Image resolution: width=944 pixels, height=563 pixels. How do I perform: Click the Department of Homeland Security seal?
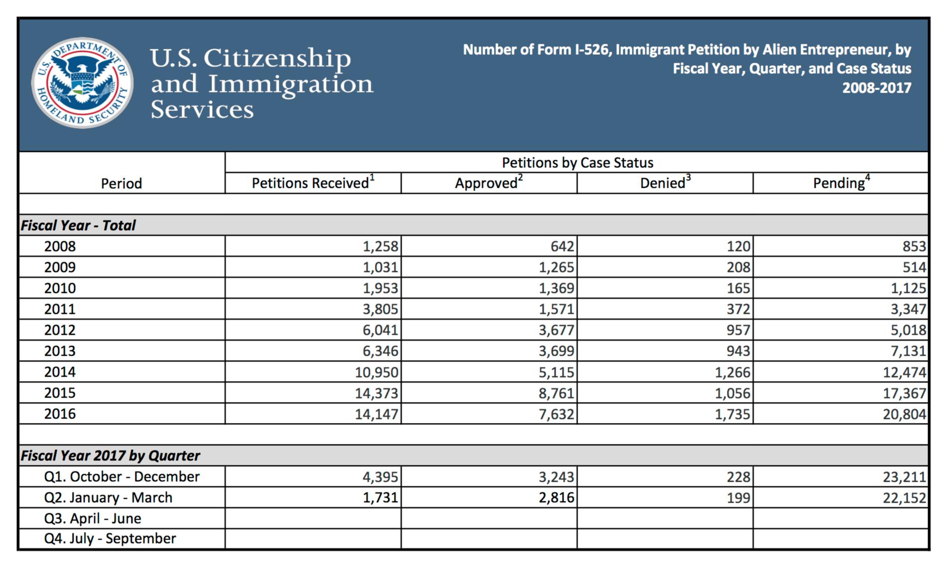pyautogui.click(x=82, y=83)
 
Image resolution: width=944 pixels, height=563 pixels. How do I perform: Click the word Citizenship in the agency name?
pyautogui.click(x=277, y=58)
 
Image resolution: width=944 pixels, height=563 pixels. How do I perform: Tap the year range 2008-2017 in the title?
pyautogui.click(x=876, y=88)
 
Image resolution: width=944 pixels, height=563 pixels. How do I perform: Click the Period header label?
pyautogui.click(x=121, y=183)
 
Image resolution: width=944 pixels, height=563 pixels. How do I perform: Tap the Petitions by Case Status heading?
pyautogui.click(x=577, y=162)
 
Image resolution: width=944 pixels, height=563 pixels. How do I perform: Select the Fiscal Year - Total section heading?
pyautogui.click(x=78, y=225)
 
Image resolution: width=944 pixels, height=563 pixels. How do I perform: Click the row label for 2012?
pyautogui.click(x=60, y=330)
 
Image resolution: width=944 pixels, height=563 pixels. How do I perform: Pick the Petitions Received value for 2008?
pyautogui.click(x=380, y=246)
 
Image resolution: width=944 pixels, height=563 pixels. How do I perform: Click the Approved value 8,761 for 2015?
pyautogui.click(x=556, y=393)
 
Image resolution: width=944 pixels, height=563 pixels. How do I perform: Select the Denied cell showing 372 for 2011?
pyautogui.click(x=738, y=309)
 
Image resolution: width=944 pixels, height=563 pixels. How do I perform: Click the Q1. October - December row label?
pyautogui.click(x=121, y=477)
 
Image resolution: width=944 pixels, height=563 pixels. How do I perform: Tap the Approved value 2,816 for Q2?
pyautogui.click(x=556, y=498)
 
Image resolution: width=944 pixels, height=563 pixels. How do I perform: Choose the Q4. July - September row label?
pyautogui.click(x=110, y=539)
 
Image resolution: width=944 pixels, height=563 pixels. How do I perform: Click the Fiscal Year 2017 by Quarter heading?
pyautogui.click(x=110, y=455)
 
